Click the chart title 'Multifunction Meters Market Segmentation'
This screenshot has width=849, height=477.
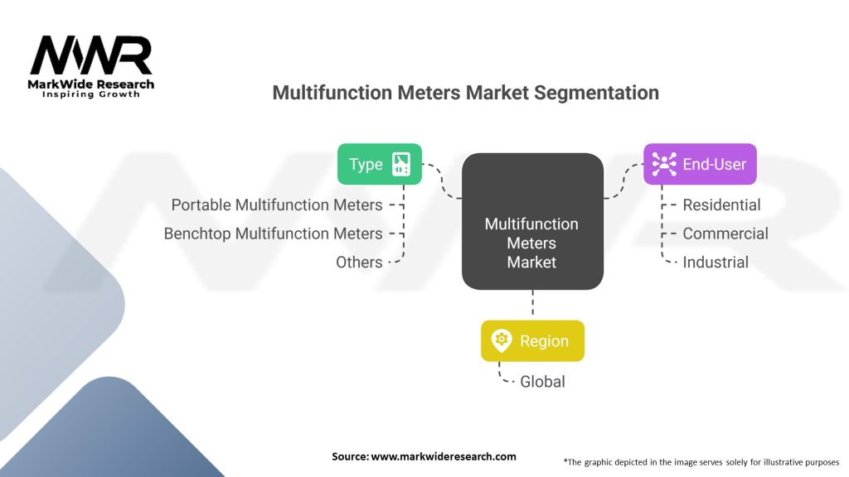point(465,93)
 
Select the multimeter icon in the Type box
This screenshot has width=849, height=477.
point(401,164)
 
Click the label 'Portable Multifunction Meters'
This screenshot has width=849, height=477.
point(277,205)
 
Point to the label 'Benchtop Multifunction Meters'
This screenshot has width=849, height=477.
point(273,234)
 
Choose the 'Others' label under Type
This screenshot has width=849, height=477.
point(359,263)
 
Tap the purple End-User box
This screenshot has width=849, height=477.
point(700,164)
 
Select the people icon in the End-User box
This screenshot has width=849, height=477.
point(664,164)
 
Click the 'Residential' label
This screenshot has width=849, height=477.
point(721,205)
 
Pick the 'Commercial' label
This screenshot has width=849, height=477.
point(725,234)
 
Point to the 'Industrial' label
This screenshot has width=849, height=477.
point(716,263)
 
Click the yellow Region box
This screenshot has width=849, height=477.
point(532,341)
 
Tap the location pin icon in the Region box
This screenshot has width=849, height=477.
point(501,341)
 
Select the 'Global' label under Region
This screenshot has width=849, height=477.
point(542,382)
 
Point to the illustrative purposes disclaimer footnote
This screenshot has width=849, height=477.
point(701,461)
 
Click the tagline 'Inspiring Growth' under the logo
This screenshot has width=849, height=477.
point(91,94)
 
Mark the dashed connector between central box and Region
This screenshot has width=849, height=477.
point(532,305)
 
